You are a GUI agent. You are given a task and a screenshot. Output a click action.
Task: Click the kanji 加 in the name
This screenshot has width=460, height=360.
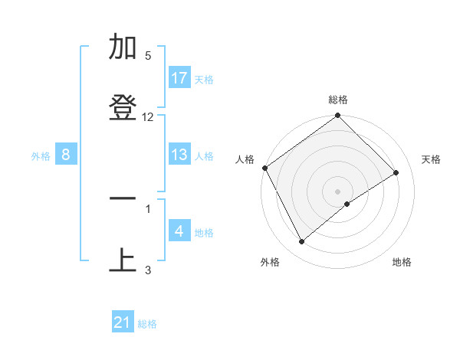pyautogui.click(x=123, y=47)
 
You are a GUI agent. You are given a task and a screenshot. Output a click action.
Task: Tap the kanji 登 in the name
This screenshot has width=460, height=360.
pyautogui.click(x=123, y=108)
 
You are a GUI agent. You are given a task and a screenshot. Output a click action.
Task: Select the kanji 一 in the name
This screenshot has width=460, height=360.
pyautogui.click(x=123, y=199)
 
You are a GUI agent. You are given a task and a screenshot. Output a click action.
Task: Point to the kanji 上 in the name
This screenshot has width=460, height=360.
pyautogui.click(x=123, y=260)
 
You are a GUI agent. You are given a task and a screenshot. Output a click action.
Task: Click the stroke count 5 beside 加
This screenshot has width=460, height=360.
pyautogui.click(x=148, y=56)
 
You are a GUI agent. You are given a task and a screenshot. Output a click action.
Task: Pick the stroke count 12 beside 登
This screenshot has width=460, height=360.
pyautogui.click(x=148, y=117)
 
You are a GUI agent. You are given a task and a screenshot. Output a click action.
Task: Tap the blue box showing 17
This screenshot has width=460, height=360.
pyautogui.click(x=179, y=78)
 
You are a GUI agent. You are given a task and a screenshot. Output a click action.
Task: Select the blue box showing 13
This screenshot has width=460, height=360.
pyautogui.click(x=179, y=155)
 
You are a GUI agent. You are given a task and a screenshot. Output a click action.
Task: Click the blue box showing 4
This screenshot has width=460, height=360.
pyautogui.click(x=179, y=231)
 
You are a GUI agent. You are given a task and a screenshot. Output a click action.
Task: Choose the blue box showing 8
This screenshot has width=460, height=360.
pyautogui.click(x=66, y=155)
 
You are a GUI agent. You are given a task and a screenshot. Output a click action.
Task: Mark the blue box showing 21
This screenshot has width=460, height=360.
pyautogui.click(x=123, y=323)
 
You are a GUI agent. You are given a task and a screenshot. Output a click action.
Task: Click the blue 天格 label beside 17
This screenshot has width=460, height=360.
pyautogui.click(x=204, y=79)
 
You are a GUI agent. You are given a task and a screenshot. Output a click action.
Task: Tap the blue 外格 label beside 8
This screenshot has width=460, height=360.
pyautogui.click(x=41, y=155)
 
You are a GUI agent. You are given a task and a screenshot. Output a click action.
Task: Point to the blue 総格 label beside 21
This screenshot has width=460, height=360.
pyautogui.click(x=147, y=324)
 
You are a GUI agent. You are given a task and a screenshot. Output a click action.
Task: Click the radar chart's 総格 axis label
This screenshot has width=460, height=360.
pyautogui.click(x=338, y=100)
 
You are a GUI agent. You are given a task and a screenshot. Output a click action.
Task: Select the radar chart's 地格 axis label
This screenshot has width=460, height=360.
pyautogui.click(x=402, y=263)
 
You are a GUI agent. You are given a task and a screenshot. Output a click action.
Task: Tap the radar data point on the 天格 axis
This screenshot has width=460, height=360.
pyautogui.click(x=396, y=173)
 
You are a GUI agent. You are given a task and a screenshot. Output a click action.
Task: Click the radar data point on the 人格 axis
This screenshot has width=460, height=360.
pyautogui.click(x=265, y=168)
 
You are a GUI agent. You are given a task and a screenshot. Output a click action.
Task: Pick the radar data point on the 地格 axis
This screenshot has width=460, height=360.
pyautogui.click(x=347, y=204)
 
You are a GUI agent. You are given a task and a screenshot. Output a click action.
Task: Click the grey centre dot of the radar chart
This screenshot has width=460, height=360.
pyautogui.click(x=338, y=191)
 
